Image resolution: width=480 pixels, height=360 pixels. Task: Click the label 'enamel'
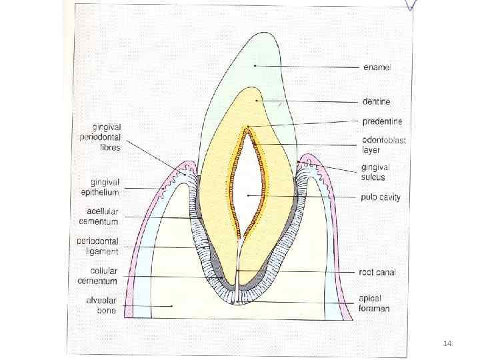pos(377,67)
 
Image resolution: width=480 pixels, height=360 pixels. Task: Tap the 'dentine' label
pos(376,102)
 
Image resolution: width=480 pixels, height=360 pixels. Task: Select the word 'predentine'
pos(382,121)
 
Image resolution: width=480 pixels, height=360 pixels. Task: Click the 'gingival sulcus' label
pos(375,172)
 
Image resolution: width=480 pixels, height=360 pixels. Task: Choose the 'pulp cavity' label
pos(380,197)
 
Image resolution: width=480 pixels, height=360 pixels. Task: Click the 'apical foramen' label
pos(375,303)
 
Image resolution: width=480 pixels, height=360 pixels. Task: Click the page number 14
pos(447,343)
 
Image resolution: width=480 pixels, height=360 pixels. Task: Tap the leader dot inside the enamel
pos(255,66)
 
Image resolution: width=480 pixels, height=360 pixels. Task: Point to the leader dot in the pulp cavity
pos(248,195)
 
